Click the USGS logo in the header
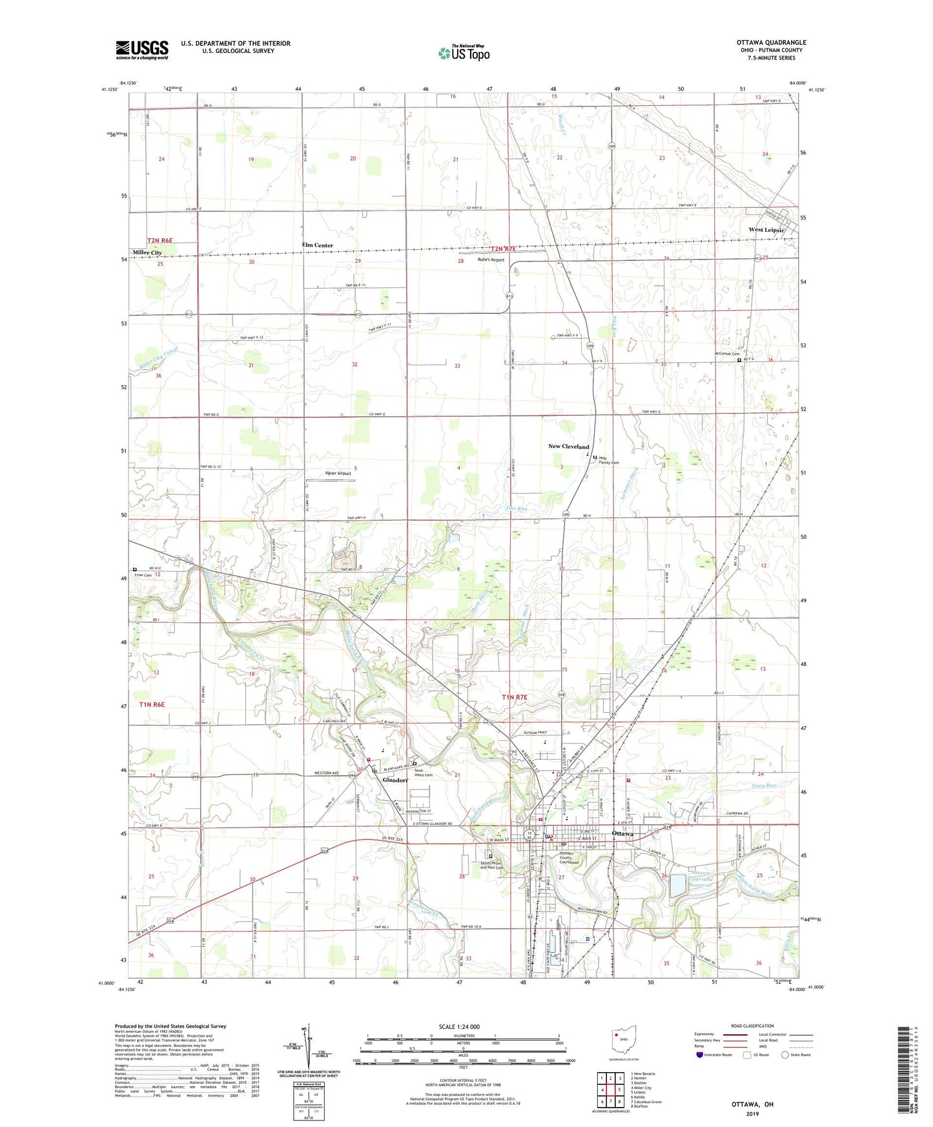pos(142,49)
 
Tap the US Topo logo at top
pos(464,53)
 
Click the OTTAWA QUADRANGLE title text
pos(771,43)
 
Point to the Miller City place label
pos(147,252)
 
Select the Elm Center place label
pos(318,245)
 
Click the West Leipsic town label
pos(766,230)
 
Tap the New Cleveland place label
pos(568,447)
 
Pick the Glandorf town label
pos(395,780)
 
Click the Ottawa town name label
pos(622,833)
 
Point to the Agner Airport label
pos(338,473)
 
